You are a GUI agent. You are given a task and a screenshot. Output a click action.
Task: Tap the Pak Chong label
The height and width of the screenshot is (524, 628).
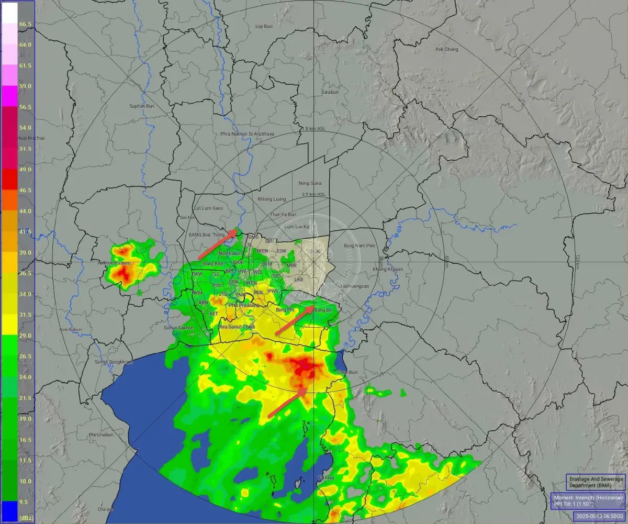pyautogui.click(x=446, y=49)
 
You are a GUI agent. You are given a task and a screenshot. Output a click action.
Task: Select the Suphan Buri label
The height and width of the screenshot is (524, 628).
pyautogui.click(x=140, y=106)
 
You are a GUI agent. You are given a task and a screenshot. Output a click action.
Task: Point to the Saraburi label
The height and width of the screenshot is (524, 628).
pyautogui.click(x=331, y=92)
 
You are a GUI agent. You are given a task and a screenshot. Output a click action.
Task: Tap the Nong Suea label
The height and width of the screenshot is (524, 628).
pyautogui.click(x=310, y=183)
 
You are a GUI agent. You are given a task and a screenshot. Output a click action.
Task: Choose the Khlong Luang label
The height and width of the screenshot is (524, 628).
pyautogui.click(x=272, y=199)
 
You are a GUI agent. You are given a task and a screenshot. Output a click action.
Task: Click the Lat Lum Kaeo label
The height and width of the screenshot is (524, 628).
pyautogui.click(x=208, y=208)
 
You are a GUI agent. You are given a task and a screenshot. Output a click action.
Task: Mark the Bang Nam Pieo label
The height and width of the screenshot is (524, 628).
pyautogui.click(x=359, y=245)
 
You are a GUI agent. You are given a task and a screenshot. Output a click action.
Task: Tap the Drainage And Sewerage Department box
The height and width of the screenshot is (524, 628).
pyautogui.click(x=596, y=482)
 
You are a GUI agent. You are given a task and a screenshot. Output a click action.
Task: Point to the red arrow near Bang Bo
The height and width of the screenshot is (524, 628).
pyautogui.click(x=295, y=320)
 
